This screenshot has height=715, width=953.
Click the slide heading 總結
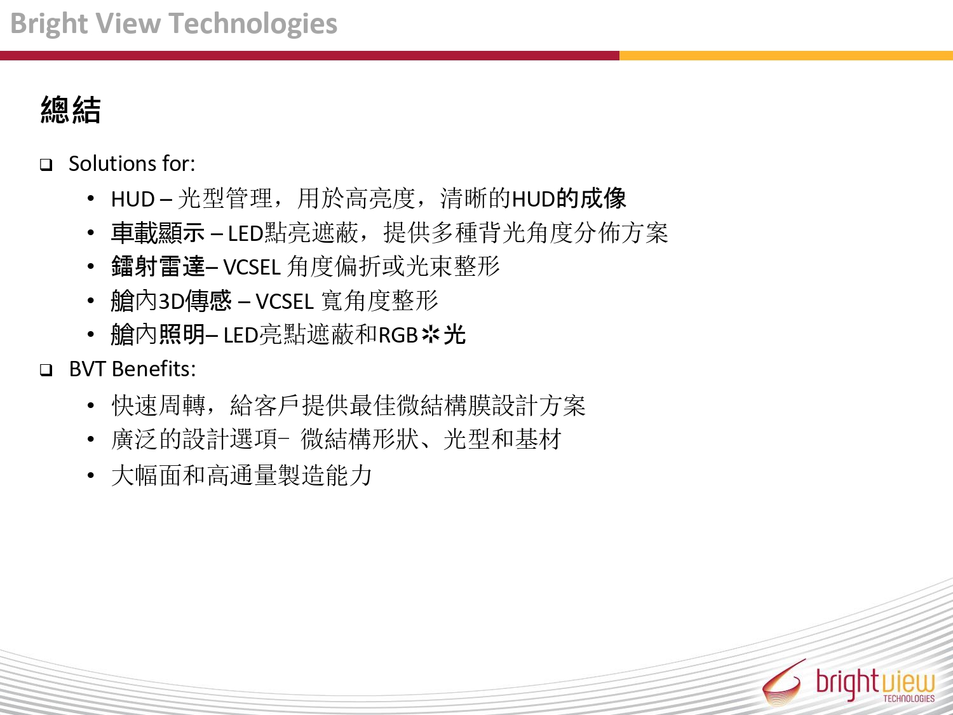coord(71,110)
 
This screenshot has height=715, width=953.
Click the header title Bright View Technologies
coord(173,24)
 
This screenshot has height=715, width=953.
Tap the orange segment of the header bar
coord(786,55)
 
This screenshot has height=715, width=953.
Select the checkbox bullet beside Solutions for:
coord(46,165)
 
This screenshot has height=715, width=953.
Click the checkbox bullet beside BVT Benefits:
coord(46,371)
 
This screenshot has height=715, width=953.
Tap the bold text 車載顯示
coord(158,233)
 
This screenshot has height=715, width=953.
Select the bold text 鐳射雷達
coord(158,266)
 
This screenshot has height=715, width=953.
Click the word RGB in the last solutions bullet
coord(398,335)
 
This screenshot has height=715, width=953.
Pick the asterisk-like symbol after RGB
coord(431,335)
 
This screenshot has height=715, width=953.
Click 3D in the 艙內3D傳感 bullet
coord(171,301)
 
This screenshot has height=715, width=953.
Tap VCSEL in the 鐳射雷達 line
coord(252,267)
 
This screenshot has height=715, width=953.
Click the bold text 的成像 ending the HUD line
coord(591,198)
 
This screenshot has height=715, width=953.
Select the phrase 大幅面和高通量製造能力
coord(242,475)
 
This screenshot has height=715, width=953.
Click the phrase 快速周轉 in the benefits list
coord(158,405)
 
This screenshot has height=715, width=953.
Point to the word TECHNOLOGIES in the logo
coord(909,698)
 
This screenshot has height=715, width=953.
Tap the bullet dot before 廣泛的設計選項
coord(91,440)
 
